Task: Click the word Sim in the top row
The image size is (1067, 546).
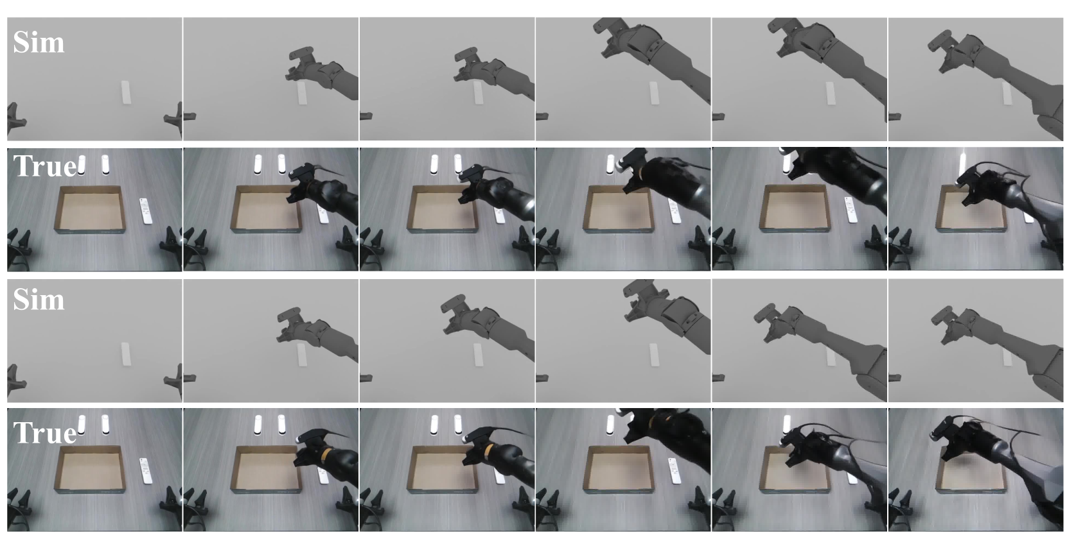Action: (x=39, y=42)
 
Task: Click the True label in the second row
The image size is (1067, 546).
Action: (x=45, y=166)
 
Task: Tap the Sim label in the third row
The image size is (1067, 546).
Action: (x=39, y=300)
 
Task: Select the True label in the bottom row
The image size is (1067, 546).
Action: (x=45, y=432)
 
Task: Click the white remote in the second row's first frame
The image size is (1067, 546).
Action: (x=146, y=211)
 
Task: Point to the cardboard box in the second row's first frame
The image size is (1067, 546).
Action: (x=90, y=209)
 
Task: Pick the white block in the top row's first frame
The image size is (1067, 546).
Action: (x=126, y=92)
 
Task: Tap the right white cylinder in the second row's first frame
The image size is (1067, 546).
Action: (x=105, y=164)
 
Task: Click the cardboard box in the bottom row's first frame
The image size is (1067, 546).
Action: (x=90, y=470)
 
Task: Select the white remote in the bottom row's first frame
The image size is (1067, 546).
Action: (x=146, y=471)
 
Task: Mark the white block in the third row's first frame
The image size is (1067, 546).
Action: (x=126, y=354)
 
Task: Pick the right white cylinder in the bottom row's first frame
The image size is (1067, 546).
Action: (x=105, y=424)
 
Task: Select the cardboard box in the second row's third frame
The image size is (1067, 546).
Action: (x=443, y=209)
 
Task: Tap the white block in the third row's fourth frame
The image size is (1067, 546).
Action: (x=655, y=354)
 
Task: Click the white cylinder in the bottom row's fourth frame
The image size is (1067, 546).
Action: (x=610, y=424)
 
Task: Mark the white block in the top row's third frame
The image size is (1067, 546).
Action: (x=478, y=92)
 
